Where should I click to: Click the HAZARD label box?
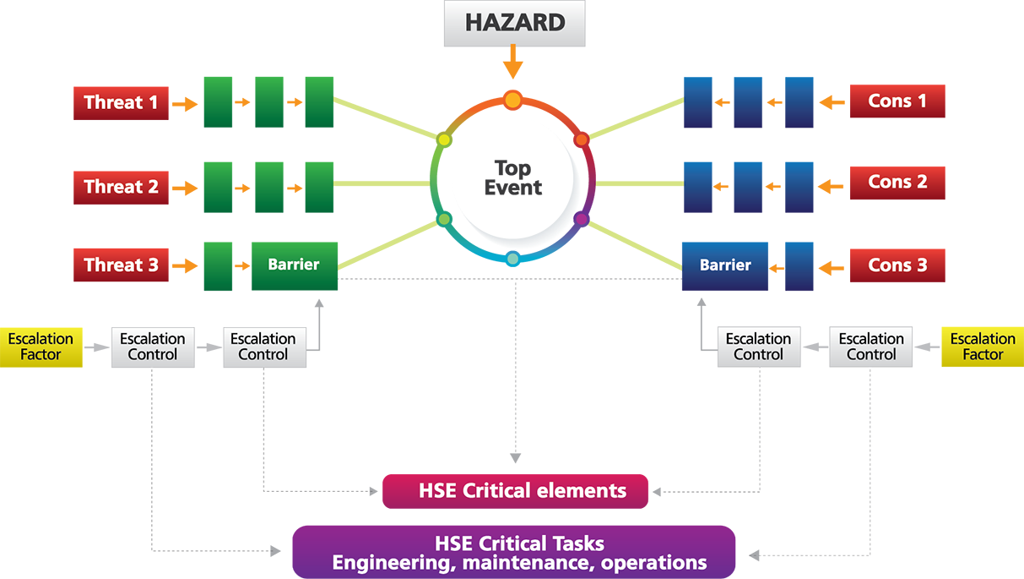[x=515, y=23]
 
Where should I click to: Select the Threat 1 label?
[x=121, y=103]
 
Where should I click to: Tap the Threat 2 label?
[x=121, y=187]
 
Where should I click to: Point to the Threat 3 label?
[x=121, y=265]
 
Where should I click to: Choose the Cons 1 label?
[x=897, y=101]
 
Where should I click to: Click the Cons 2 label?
[x=897, y=182]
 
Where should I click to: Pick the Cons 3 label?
[x=897, y=265]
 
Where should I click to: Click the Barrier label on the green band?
[x=294, y=265]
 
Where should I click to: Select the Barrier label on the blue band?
[x=725, y=265]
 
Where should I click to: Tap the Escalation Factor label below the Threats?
[x=41, y=347]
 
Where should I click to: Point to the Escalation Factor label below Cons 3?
[x=983, y=347]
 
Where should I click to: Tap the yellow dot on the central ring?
[x=444, y=139]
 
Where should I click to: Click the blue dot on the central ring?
[x=512, y=257]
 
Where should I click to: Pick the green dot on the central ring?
[x=444, y=220]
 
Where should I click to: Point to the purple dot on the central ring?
[x=581, y=220]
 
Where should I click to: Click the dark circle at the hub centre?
[x=512, y=175]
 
